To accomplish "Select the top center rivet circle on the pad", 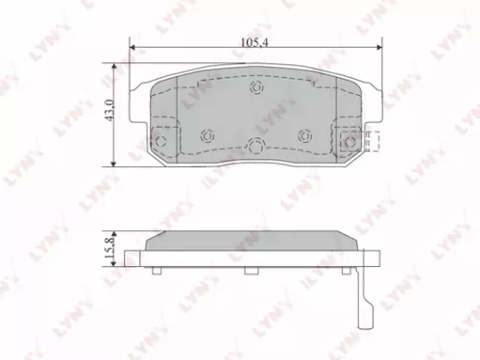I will (256, 89).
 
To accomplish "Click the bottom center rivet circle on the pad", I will (256, 147).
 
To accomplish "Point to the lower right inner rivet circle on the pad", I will (304, 134).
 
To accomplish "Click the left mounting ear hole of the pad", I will (160, 142).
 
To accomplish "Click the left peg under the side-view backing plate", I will (157, 271).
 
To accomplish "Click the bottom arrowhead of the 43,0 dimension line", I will (117, 160).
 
